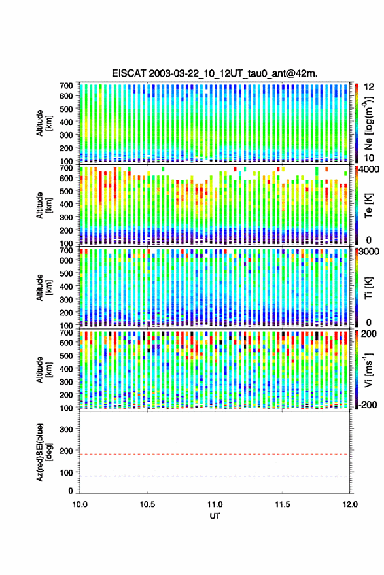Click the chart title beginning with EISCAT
point(215,73)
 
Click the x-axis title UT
point(215,516)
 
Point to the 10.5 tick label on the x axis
point(147,504)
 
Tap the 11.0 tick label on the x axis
point(215,504)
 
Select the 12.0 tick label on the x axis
point(350,504)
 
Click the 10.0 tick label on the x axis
point(80,504)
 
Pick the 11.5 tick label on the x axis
point(283,504)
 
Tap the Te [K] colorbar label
point(368,205)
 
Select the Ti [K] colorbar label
point(368,288)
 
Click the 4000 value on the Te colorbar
point(368,169)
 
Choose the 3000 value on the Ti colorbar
point(369,252)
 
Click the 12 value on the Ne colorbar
point(369,87)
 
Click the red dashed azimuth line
point(215,454)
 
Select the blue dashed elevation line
point(215,476)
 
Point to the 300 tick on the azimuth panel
point(66,429)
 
